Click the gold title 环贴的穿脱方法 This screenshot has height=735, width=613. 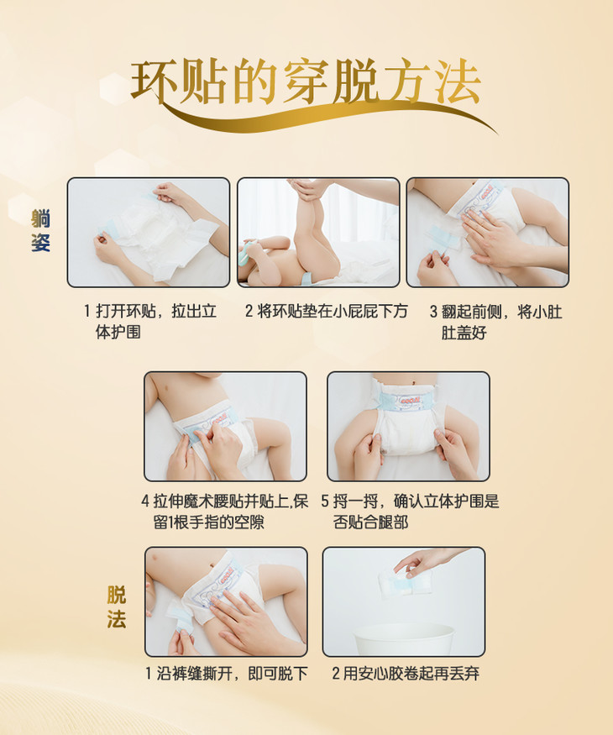tap(306, 82)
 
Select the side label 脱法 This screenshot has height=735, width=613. tap(116, 607)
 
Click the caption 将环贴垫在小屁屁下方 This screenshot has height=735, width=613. tap(327, 312)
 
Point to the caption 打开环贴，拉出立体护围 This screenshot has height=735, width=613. tap(150, 322)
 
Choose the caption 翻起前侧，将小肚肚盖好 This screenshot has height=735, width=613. tap(495, 322)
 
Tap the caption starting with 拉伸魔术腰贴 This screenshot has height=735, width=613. tap(225, 512)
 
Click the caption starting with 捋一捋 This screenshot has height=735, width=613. tap(410, 512)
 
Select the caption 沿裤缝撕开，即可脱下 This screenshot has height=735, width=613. tap(227, 674)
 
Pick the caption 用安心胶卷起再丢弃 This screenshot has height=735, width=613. tap(406, 674)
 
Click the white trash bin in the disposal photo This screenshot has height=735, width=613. tap(404, 639)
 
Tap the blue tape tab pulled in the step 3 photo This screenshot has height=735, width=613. tap(443, 239)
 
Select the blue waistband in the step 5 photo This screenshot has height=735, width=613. tap(407, 402)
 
